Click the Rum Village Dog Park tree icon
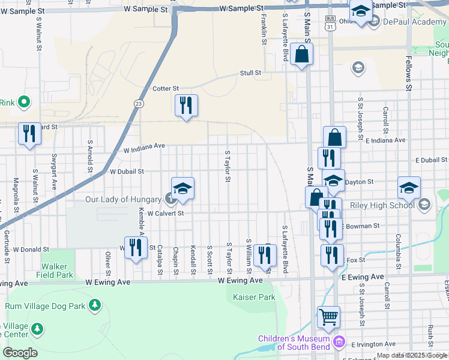[94, 305]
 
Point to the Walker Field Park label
[57, 271]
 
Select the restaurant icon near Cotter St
[186, 106]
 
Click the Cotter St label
[166, 89]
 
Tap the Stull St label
[250, 73]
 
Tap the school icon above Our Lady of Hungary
[182, 188]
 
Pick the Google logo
[20, 352]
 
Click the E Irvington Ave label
[373, 344]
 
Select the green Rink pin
[24, 103]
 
